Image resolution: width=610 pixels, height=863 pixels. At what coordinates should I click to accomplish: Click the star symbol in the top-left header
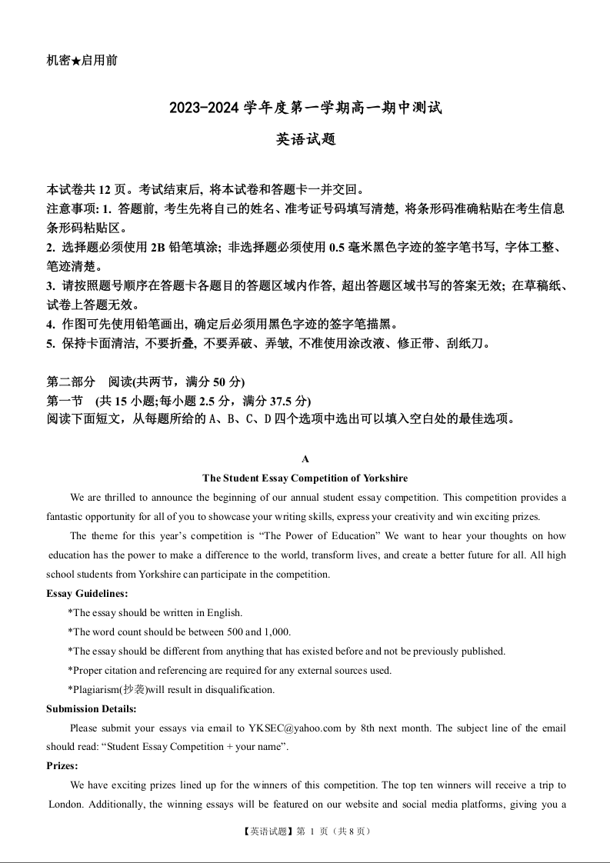(x=76, y=60)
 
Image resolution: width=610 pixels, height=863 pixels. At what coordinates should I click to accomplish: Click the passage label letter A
(x=305, y=459)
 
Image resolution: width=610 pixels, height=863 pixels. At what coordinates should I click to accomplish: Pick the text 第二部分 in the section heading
(x=72, y=382)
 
